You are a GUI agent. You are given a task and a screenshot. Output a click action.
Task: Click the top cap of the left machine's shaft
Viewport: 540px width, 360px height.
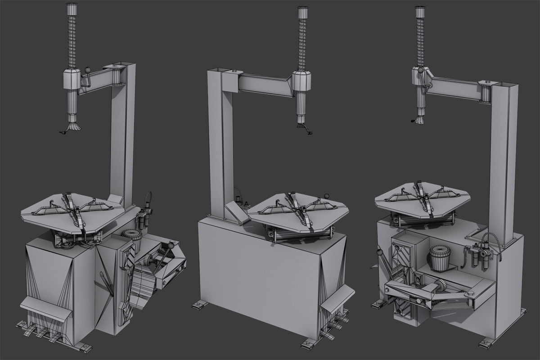(72, 9)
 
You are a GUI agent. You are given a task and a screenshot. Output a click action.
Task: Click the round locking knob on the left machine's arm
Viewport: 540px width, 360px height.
(87, 71)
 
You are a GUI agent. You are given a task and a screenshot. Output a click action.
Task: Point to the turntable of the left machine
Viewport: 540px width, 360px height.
(72, 209)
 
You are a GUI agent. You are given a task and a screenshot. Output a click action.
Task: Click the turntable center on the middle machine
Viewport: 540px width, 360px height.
(303, 208)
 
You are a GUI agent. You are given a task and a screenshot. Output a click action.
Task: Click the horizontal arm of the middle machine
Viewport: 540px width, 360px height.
(263, 84)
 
